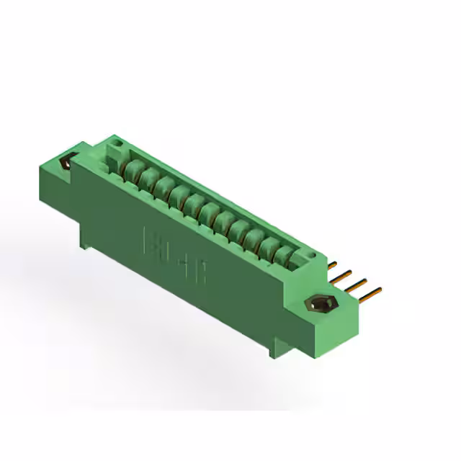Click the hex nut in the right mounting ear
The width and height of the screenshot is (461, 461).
[321, 305]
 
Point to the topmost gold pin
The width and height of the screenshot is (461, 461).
[334, 263]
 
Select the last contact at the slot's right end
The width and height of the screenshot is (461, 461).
[285, 254]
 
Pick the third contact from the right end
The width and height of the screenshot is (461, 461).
[256, 237]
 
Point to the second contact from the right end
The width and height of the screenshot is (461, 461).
[271, 246]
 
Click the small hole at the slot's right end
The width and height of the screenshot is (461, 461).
[311, 256]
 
